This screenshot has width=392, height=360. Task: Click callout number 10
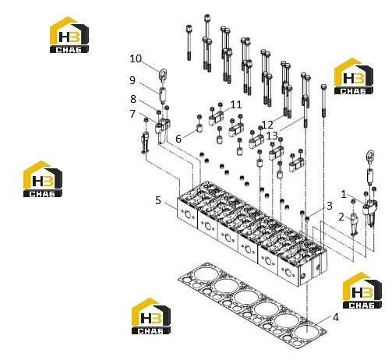click(x=136, y=58)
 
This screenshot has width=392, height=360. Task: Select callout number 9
click(x=132, y=80)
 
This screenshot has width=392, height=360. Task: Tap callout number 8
click(x=133, y=99)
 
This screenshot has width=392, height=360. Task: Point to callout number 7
click(x=132, y=114)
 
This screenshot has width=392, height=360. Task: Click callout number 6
click(x=178, y=139)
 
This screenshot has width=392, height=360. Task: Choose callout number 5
click(x=158, y=200)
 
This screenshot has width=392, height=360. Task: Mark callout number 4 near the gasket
click(x=336, y=317)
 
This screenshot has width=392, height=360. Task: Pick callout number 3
click(x=330, y=206)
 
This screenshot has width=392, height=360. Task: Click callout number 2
click(x=341, y=217)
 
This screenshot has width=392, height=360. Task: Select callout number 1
click(x=344, y=194)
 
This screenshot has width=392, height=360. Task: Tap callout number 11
click(x=236, y=104)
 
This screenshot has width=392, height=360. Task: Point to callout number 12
click(x=267, y=125)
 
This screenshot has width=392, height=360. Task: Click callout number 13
click(x=272, y=136)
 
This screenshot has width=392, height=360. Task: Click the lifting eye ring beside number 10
click(x=163, y=74)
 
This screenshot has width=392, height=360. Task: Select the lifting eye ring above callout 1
click(x=370, y=156)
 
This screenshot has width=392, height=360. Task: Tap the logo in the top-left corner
click(x=69, y=35)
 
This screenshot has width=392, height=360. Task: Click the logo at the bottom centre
click(x=151, y=316)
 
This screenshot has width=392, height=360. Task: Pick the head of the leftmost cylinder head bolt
click(x=189, y=28)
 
